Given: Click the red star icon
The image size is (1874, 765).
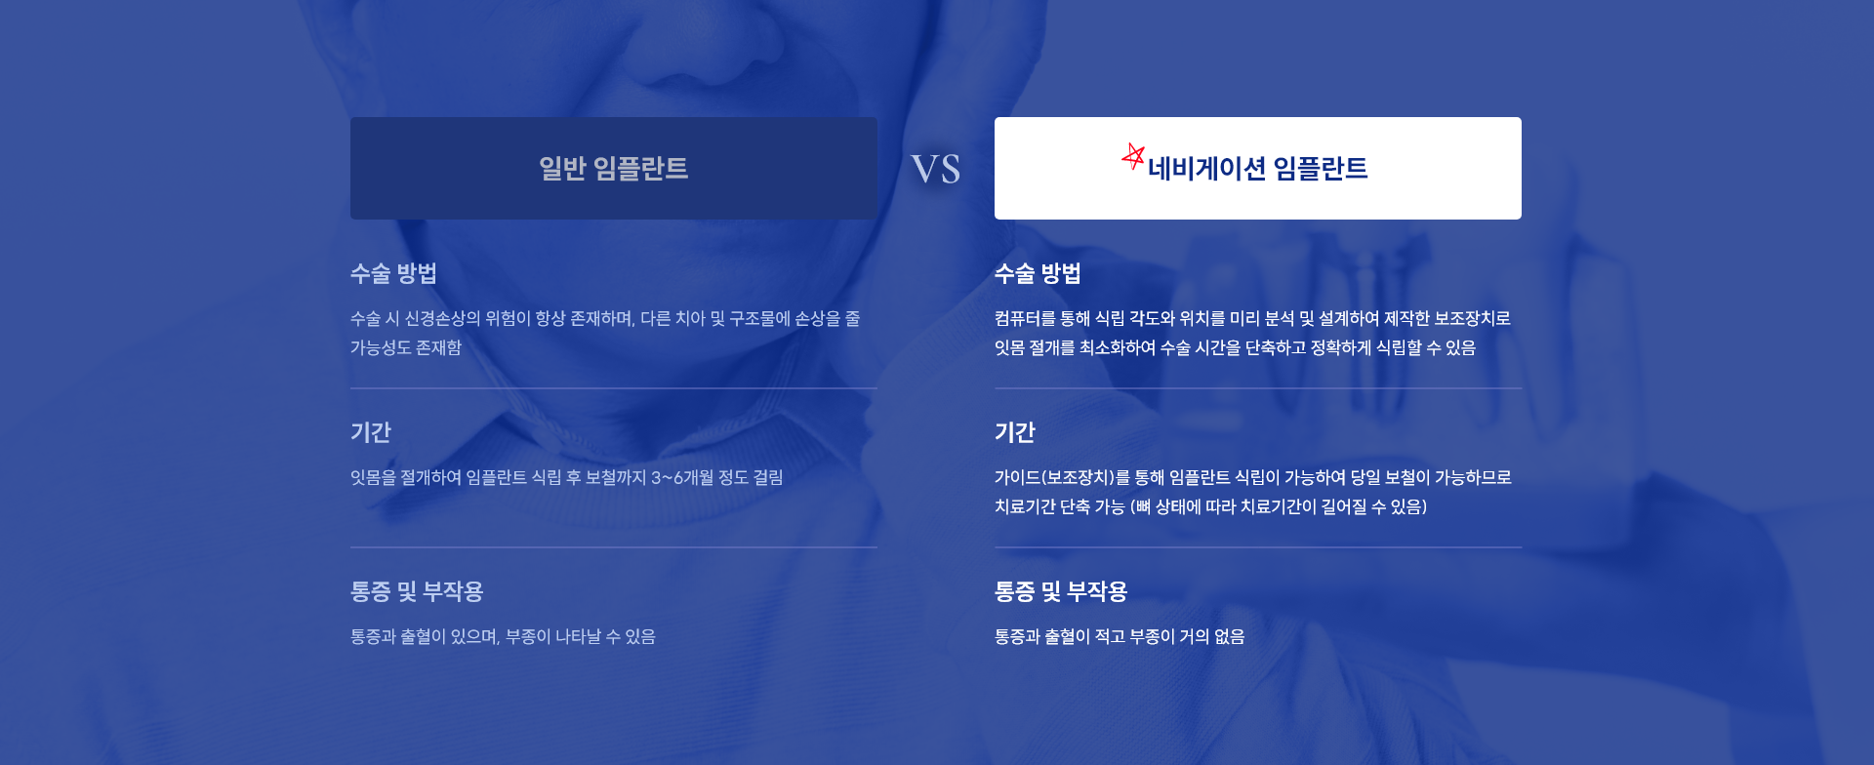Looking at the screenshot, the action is click(1133, 156).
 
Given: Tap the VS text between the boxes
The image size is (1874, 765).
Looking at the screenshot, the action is click(935, 169).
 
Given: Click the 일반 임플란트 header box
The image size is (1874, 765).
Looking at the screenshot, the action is click(614, 168).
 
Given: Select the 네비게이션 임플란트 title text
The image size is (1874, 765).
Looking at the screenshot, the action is click(1257, 168).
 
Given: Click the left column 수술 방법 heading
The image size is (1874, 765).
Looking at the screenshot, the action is click(393, 273).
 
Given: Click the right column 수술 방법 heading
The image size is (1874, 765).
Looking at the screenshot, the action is click(1038, 273).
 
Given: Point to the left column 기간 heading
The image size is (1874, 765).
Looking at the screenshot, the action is click(371, 432).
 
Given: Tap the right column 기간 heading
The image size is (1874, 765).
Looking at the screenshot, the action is click(1015, 432).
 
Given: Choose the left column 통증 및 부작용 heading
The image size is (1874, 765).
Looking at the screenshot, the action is click(417, 591).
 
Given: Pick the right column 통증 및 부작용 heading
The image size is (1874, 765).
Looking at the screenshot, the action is click(1061, 591).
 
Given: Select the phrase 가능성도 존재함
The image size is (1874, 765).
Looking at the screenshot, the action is click(406, 347).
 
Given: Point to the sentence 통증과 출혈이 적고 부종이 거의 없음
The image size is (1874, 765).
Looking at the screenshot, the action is click(1120, 636).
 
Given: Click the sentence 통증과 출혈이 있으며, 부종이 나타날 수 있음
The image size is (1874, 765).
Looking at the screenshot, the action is click(503, 636).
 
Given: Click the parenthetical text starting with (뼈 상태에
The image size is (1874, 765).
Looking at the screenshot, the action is click(1279, 506).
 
